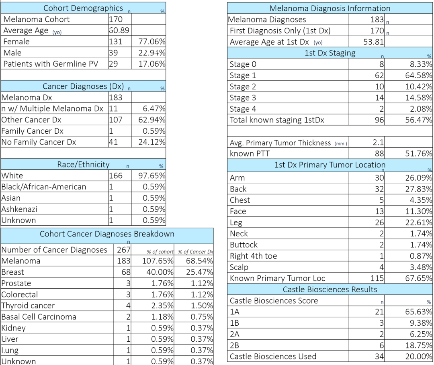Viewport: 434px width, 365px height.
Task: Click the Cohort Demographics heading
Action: [x=83, y=8]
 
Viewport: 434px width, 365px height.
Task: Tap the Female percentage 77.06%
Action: [x=152, y=42]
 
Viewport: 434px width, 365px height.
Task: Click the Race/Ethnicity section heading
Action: [x=83, y=165]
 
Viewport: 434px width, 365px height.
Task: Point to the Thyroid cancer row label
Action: [x=28, y=306]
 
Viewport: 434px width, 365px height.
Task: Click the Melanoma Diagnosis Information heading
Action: [x=330, y=8]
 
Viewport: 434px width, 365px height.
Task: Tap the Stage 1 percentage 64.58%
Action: [x=419, y=75]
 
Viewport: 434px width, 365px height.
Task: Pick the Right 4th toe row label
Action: [x=253, y=256]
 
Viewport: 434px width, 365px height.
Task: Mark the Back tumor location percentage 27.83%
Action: [x=419, y=189]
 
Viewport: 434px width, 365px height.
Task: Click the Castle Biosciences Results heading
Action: [x=330, y=290]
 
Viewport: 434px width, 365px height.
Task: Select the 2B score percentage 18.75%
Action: [x=419, y=345]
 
